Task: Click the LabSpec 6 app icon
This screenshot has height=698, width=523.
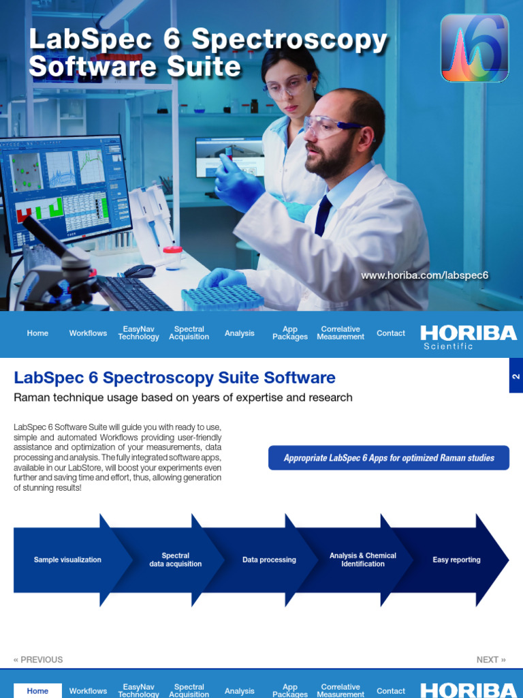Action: (x=475, y=48)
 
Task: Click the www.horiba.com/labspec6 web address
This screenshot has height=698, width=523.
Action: (x=424, y=275)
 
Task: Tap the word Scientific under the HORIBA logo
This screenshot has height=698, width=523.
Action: (x=448, y=346)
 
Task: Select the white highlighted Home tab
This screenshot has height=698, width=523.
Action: (x=37, y=691)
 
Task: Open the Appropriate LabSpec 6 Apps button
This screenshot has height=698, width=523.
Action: (x=389, y=458)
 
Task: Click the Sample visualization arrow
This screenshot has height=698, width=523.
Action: (x=67, y=560)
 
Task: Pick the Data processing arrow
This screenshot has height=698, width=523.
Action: (x=269, y=560)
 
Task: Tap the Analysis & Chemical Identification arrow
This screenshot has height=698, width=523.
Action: (x=362, y=560)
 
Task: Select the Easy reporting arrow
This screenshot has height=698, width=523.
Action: (x=456, y=560)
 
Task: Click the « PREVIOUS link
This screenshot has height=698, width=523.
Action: (x=38, y=660)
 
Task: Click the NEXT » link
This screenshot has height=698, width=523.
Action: (x=491, y=660)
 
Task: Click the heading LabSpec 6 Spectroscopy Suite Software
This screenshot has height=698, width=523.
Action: (x=175, y=378)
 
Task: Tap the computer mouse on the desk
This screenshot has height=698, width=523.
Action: (x=139, y=271)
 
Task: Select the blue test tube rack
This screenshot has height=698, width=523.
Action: (x=223, y=297)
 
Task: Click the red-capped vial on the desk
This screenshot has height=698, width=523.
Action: (x=173, y=258)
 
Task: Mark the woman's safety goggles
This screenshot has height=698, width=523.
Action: (x=287, y=87)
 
